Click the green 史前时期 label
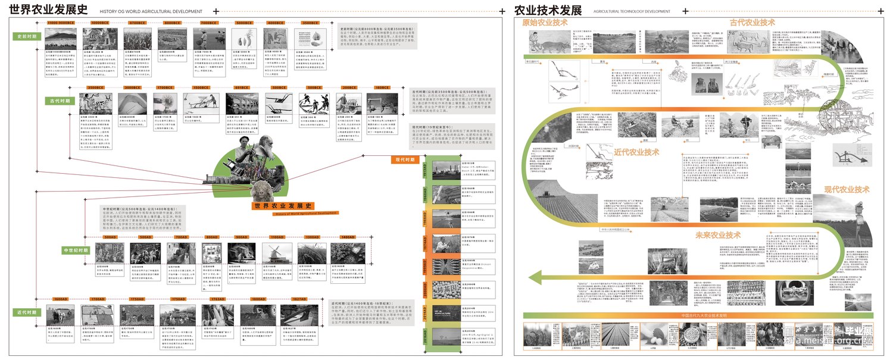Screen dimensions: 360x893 27,36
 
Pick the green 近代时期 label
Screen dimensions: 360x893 27,311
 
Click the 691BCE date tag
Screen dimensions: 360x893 241,87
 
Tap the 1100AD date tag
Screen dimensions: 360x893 277,237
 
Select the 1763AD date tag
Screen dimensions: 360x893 217,299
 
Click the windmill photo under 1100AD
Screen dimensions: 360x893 277,252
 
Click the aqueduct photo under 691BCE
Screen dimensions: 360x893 242,104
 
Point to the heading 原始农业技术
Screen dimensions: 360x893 545,23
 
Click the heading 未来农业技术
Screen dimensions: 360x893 717,235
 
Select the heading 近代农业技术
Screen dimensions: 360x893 637,152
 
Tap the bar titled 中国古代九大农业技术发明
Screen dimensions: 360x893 697,315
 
